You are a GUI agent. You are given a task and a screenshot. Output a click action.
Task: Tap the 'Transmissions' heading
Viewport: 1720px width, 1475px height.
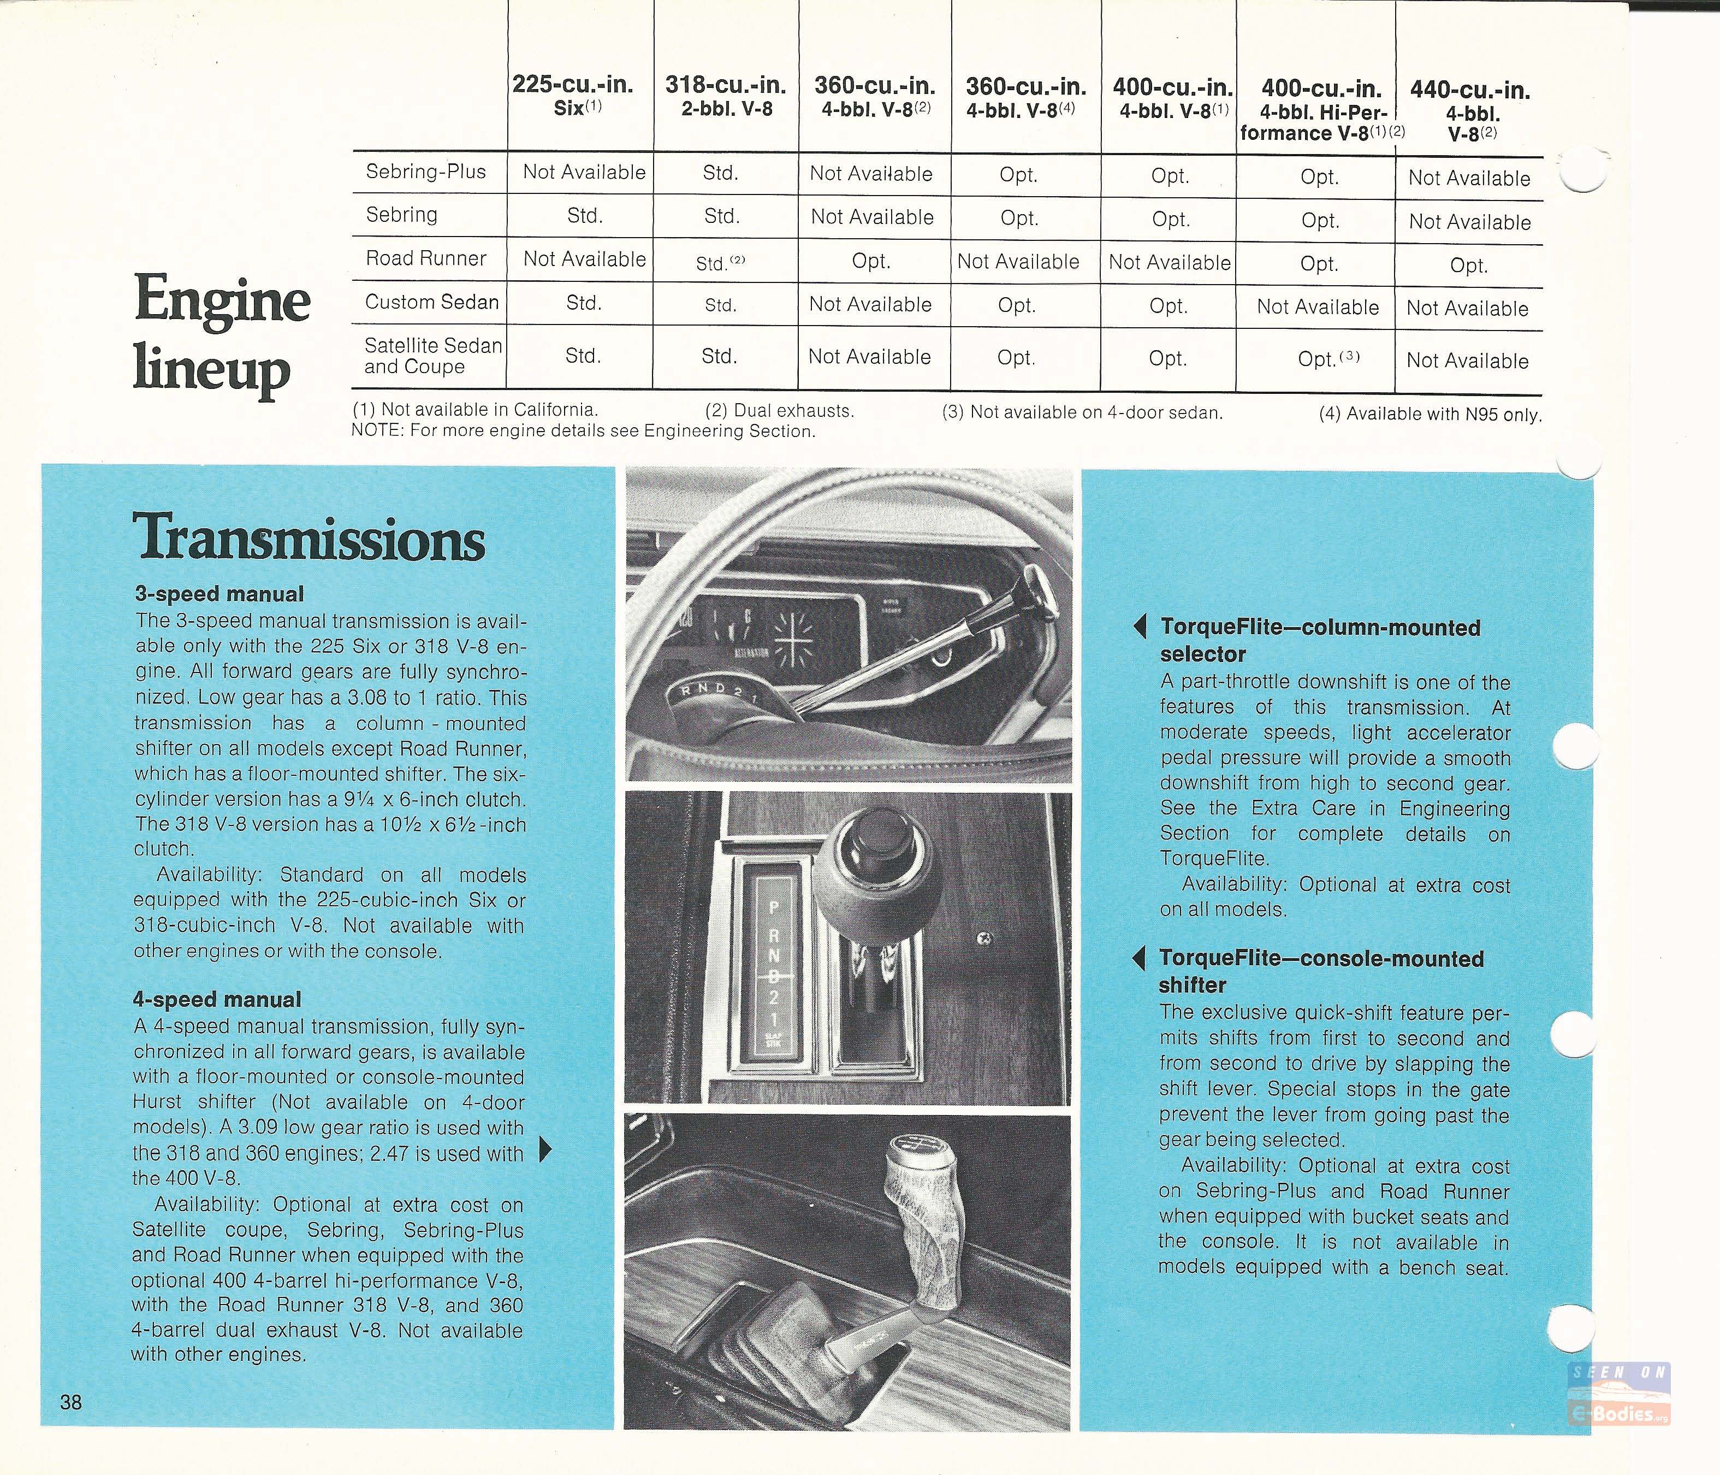pos(309,538)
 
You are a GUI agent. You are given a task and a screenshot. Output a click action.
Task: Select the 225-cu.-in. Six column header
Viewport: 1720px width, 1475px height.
pos(573,96)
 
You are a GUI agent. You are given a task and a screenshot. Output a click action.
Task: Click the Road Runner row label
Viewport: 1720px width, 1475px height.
pos(426,258)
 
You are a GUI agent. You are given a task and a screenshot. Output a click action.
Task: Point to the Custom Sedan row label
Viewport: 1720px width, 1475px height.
pos(432,302)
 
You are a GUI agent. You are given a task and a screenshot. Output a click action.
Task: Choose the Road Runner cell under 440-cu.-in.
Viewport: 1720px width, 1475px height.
pos(1468,265)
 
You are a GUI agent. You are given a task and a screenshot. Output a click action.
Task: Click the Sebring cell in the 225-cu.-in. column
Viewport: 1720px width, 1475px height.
pos(584,216)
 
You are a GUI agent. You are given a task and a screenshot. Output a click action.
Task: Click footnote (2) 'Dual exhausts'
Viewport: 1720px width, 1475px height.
pos(779,410)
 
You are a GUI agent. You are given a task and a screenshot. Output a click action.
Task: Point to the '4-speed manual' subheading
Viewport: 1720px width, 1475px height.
pos(217,999)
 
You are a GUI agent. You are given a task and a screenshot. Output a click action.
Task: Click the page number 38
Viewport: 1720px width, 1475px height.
pos(72,1402)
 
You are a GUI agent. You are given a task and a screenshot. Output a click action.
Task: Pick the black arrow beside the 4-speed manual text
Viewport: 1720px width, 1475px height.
pos(545,1149)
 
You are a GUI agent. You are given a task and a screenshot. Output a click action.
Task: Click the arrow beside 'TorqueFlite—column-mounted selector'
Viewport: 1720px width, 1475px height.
pos(1141,627)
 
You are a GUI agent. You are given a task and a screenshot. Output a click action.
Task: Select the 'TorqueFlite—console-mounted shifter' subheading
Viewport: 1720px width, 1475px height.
pos(1320,971)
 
